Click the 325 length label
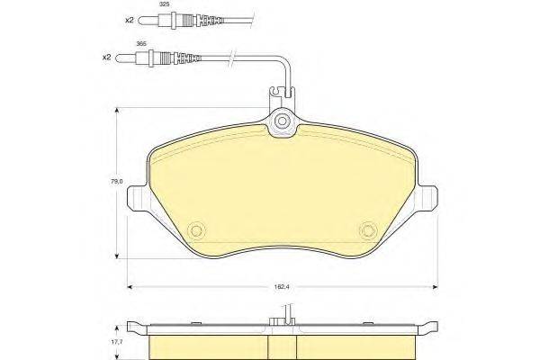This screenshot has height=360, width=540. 139,5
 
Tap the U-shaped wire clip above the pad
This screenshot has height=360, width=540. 283,91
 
